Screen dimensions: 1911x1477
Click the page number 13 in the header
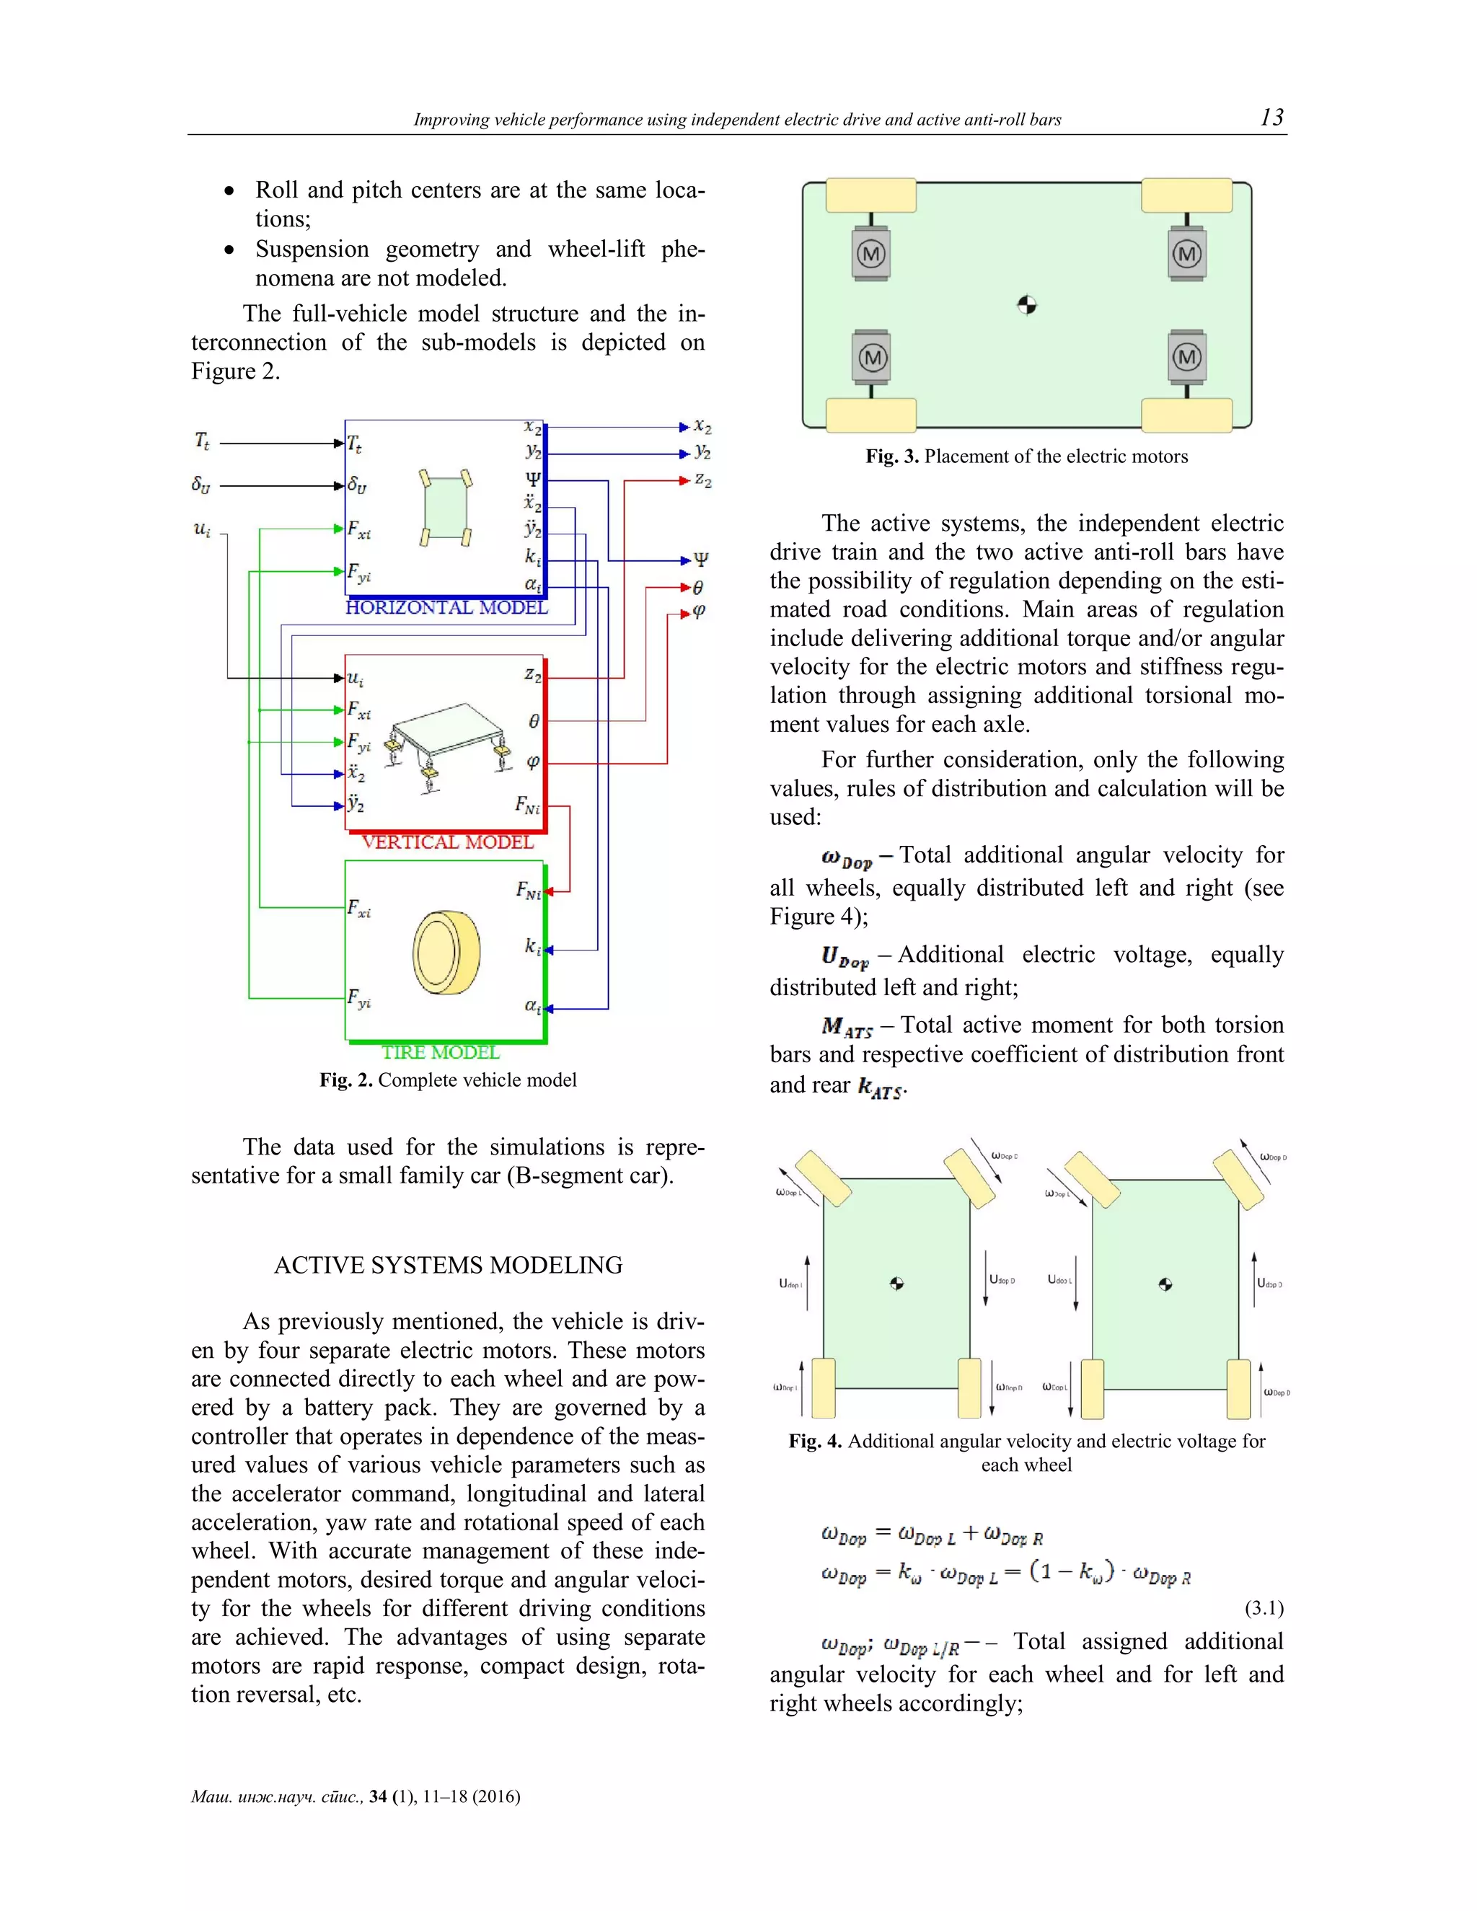click(1271, 118)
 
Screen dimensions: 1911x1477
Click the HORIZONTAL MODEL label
click(446, 607)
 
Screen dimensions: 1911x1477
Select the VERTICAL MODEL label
click(447, 842)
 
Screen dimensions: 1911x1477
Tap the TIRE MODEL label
click(440, 1051)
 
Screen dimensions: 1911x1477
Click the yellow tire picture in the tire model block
click(446, 953)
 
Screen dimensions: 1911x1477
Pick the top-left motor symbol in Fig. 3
click(870, 255)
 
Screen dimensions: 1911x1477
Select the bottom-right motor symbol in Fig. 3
click(1186, 357)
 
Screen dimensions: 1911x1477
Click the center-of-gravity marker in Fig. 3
click(1027, 304)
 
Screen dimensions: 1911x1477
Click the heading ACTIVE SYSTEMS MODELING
click(448, 1266)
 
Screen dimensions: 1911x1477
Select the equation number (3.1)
click(1264, 1607)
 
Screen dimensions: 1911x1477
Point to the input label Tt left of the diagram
click(202, 441)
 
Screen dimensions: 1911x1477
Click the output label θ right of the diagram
click(697, 587)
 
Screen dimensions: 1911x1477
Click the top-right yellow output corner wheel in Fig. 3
click(1186, 196)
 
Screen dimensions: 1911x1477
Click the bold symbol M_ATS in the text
click(847, 1027)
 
